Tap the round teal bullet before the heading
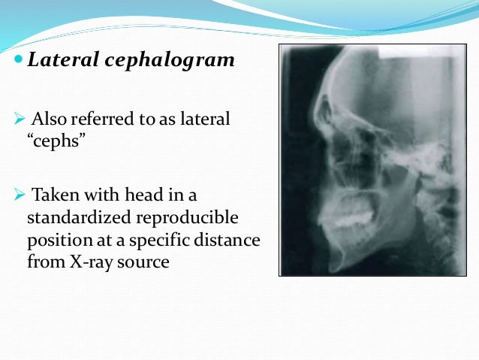pos(18,59)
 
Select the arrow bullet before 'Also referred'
pos(20,119)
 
